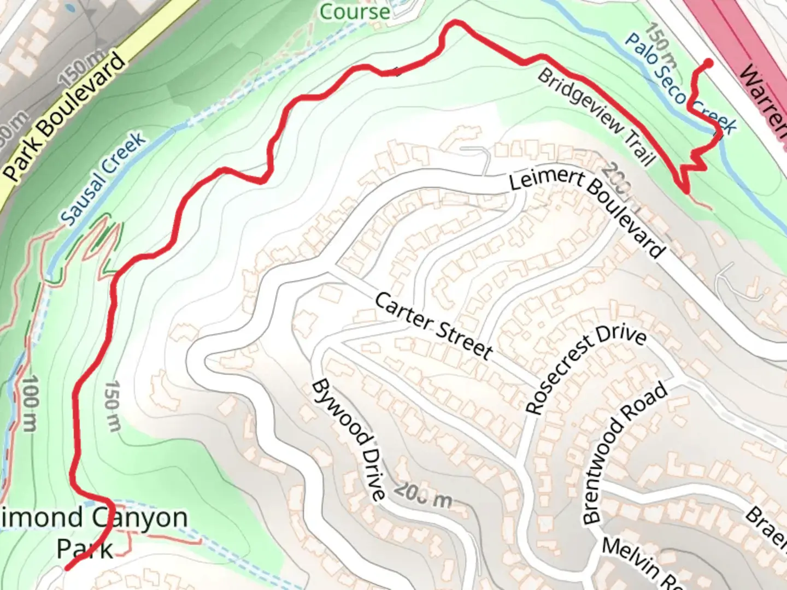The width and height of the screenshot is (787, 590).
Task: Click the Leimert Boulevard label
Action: (x=588, y=213)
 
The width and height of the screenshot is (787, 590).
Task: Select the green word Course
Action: (x=355, y=11)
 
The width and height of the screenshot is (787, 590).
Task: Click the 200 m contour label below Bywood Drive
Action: (x=423, y=495)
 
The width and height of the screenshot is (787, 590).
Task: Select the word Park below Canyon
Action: (x=85, y=548)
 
